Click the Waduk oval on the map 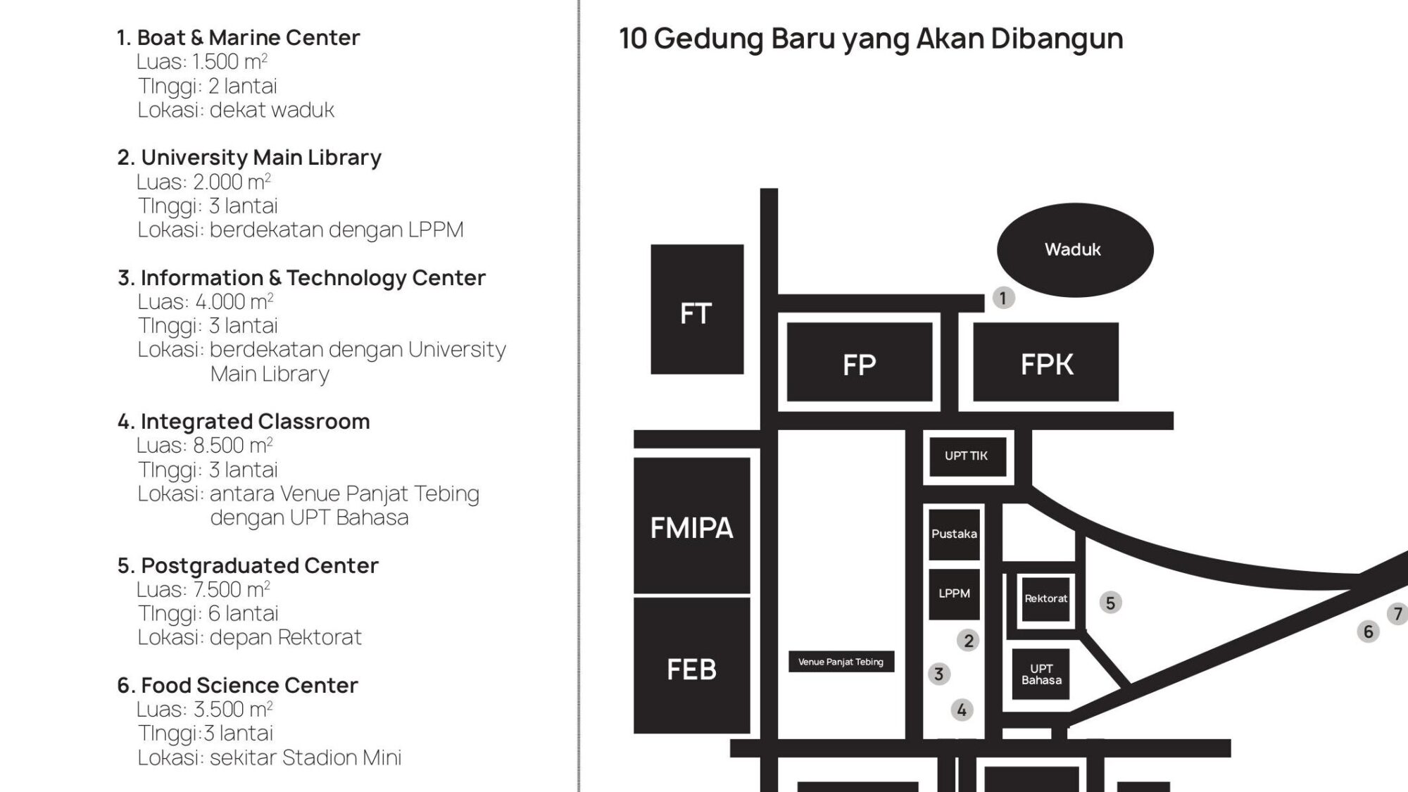tap(1075, 250)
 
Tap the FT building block tap(697, 309)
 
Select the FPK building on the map tap(1045, 362)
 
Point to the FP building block tap(860, 362)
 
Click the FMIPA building tap(691, 526)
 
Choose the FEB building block tap(691, 666)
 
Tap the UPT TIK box tap(967, 456)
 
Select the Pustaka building tap(954, 534)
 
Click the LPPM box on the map tap(954, 594)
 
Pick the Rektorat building tap(1045, 599)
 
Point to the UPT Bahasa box tap(1041, 674)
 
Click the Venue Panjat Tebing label tap(841, 662)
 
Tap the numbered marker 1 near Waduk tap(1003, 298)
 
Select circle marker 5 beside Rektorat tap(1110, 603)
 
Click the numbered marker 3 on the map tap(938, 674)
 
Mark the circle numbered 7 tap(1398, 614)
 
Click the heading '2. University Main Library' tap(249, 157)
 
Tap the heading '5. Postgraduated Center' tap(248, 565)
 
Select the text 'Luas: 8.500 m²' tap(205, 445)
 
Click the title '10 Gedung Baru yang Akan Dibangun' tap(872, 39)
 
